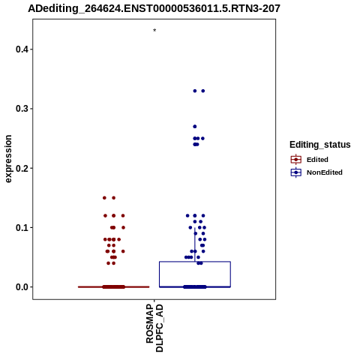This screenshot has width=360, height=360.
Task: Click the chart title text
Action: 154,9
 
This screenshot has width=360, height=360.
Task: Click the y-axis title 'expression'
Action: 8,159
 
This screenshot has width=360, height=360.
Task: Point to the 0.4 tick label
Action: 22,49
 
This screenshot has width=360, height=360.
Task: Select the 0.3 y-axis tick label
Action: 22,109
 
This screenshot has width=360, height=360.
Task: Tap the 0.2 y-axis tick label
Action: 22,168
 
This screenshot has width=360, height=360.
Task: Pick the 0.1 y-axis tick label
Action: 22,228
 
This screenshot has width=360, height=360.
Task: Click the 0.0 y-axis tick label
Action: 22,287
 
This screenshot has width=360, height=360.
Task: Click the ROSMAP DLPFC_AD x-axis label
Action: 154,328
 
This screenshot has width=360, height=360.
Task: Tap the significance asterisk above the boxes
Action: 154,31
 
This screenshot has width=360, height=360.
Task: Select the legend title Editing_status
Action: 320,145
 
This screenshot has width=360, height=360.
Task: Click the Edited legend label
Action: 317,160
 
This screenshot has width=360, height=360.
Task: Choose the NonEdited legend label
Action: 325,172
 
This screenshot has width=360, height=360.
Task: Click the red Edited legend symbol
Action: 296,160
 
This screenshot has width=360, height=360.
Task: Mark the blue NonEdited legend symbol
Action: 296,172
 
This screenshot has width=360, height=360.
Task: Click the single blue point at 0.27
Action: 195,127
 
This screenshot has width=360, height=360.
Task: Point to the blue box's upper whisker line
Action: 195,244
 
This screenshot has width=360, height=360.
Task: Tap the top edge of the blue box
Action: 195,262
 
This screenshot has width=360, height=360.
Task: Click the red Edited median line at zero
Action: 114,287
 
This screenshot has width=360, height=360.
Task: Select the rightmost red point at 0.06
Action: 123,251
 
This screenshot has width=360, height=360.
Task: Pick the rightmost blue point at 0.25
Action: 202,139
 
